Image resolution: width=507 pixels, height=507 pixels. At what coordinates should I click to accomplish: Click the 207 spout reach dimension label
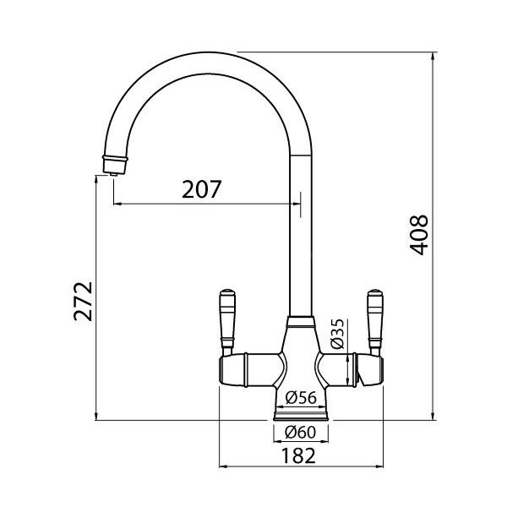pyautogui.click(x=202, y=189)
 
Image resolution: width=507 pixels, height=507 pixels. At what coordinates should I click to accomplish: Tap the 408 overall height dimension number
pyautogui.click(x=419, y=235)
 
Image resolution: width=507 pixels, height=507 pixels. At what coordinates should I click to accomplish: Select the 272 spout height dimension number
pyautogui.click(x=83, y=302)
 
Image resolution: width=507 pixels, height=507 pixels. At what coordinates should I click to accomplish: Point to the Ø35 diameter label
pyautogui.click(x=337, y=334)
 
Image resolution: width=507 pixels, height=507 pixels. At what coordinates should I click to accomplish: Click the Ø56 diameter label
pyautogui.click(x=301, y=397)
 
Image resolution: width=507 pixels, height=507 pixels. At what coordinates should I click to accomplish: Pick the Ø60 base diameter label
pyautogui.click(x=300, y=432)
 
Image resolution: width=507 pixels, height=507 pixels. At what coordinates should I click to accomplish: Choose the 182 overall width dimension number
pyautogui.click(x=297, y=455)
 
